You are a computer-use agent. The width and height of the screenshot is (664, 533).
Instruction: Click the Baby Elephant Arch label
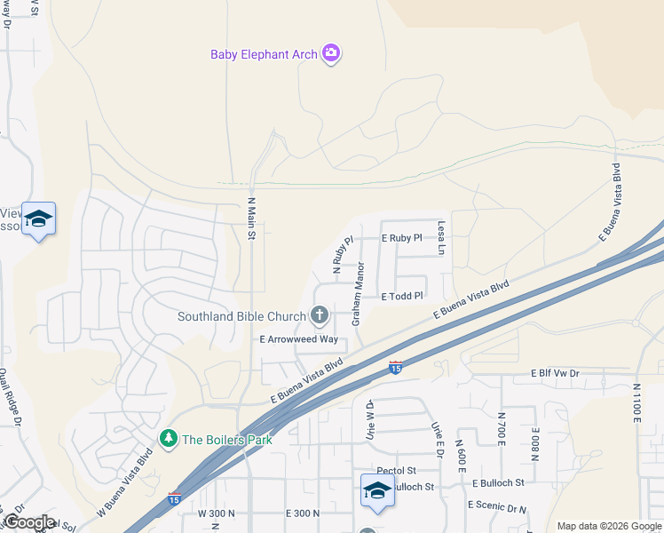(x=263, y=54)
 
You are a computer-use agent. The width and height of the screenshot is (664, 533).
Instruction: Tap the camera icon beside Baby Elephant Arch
(x=331, y=54)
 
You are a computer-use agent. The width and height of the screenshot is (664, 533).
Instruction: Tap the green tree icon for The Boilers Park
(x=168, y=438)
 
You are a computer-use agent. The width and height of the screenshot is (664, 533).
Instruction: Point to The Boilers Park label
(x=226, y=439)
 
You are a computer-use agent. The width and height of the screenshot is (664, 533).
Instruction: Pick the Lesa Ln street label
(x=440, y=239)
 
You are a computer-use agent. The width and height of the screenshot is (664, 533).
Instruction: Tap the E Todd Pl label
(x=404, y=296)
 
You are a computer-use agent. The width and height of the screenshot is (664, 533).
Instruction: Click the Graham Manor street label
(x=360, y=292)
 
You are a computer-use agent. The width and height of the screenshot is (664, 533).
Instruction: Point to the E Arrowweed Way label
(x=298, y=339)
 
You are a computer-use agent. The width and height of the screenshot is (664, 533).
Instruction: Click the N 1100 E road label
(x=636, y=404)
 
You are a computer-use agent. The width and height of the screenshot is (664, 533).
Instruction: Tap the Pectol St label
(x=396, y=470)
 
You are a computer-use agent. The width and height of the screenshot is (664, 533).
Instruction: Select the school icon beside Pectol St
(x=377, y=490)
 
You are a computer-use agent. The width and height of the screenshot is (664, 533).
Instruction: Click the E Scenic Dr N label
(x=496, y=505)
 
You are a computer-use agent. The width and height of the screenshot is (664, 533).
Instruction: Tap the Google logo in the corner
(x=29, y=522)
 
